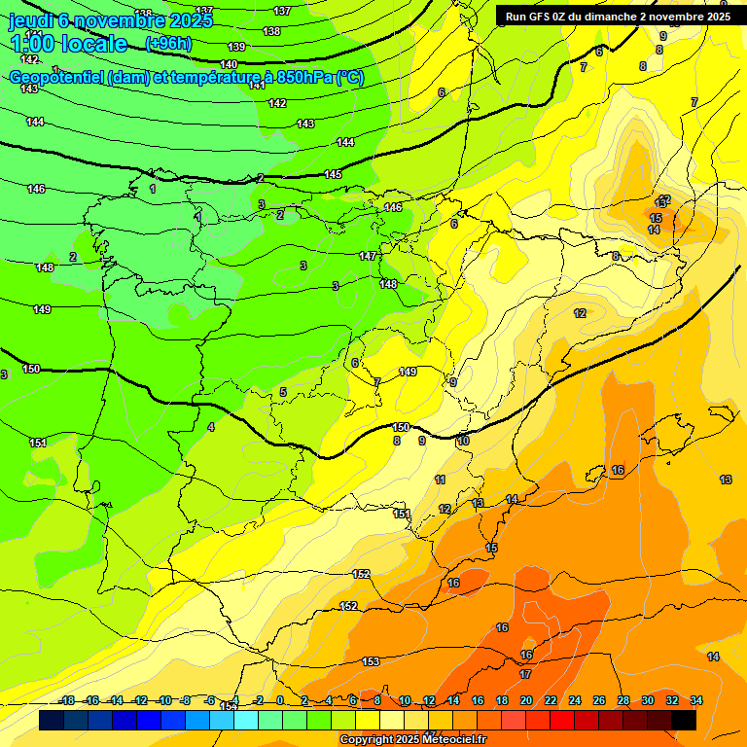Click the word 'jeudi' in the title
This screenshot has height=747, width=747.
(x=30, y=20)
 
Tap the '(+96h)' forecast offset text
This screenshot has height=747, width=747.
(x=168, y=44)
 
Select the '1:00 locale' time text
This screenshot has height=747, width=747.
(x=68, y=44)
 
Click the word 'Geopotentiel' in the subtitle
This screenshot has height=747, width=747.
(x=57, y=78)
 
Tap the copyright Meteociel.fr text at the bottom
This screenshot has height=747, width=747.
(x=412, y=740)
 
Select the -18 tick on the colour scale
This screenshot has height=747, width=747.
(x=66, y=700)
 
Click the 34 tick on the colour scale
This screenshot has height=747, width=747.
(x=696, y=700)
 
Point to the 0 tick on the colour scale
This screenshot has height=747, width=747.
(x=280, y=700)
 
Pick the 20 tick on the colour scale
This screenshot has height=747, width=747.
(x=526, y=700)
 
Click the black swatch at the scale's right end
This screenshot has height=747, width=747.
(x=684, y=720)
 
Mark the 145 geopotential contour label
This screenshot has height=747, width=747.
(x=333, y=174)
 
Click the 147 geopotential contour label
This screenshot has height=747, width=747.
(x=368, y=256)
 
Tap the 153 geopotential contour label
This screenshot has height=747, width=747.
(x=371, y=661)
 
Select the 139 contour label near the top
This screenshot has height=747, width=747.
(x=236, y=47)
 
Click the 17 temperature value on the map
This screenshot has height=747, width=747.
(x=525, y=673)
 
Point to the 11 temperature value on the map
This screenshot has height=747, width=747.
(x=441, y=480)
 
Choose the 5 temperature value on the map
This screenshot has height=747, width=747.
(x=283, y=392)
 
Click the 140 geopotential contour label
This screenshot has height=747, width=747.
(x=229, y=64)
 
